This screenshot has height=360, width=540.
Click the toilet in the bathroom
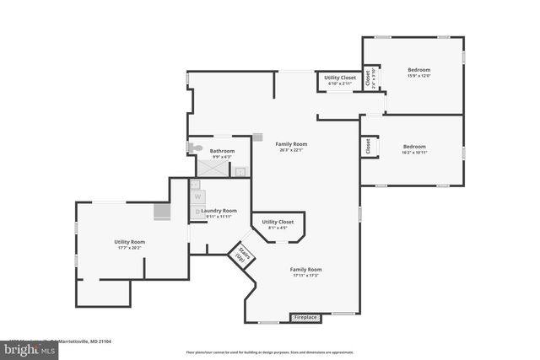[195, 148]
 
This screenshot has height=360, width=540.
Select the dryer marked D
[197, 212]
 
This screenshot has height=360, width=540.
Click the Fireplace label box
[305, 318]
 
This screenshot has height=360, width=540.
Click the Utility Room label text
[130, 242]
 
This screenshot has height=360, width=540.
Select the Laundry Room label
[219, 210]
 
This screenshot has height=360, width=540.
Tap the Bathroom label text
[222, 151]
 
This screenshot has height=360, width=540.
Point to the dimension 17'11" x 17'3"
[306, 276]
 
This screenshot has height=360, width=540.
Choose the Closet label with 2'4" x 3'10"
[369, 77]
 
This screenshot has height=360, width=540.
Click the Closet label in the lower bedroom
[368, 146]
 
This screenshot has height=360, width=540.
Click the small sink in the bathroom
[240, 172]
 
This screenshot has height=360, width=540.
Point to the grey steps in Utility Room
[162, 212]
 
